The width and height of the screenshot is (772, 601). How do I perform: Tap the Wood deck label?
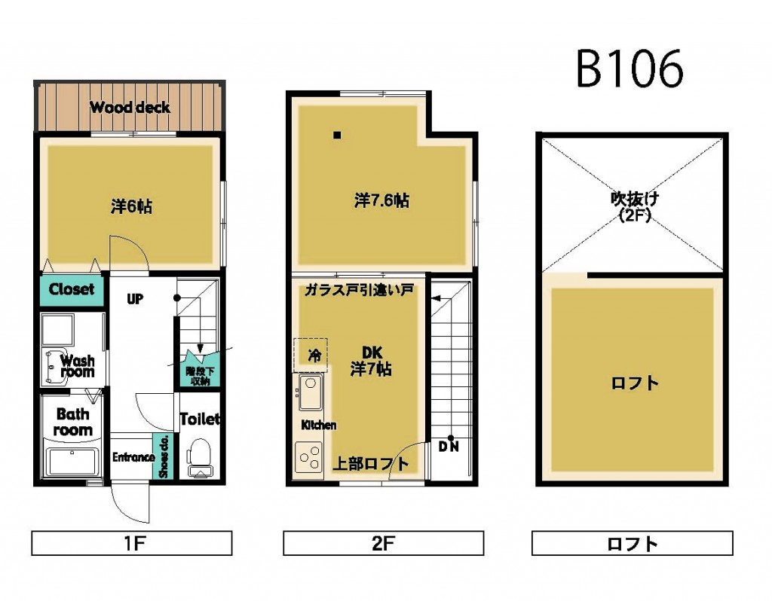(x=130, y=107)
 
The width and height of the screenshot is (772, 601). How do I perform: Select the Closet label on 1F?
(x=72, y=289)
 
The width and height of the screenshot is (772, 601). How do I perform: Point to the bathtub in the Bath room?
(x=73, y=461)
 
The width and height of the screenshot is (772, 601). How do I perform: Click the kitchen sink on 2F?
(x=310, y=392)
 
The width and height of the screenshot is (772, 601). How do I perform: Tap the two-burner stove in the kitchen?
(x=309, y=456)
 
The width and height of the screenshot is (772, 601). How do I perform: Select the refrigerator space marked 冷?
(x=311, y=354)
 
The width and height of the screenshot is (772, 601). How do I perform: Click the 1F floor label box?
(x=131, y=543)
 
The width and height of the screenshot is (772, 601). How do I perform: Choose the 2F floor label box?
(x=383, y=543)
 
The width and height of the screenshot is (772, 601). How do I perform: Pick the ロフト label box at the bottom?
(x=632, y=543)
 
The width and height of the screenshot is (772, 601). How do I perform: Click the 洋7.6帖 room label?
(x=381, y=201)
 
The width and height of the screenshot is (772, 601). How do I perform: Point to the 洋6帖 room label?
(x=131, y=206)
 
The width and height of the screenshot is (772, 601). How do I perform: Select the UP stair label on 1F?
(x=135, y=299)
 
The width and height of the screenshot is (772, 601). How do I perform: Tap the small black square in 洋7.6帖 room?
(x=337, y=136)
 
